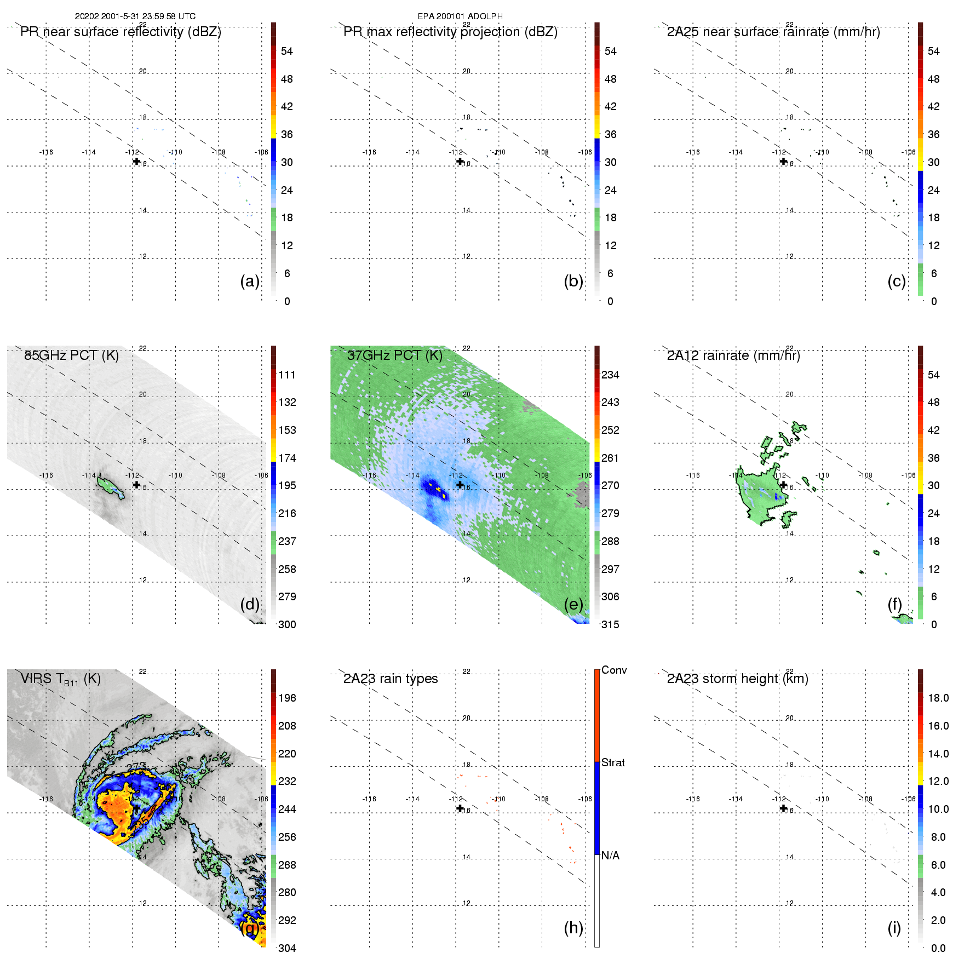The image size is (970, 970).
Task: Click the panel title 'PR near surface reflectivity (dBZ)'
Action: tap(120, 32)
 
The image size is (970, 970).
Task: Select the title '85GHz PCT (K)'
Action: tap(71, 355)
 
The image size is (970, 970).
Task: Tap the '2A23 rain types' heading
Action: tap(391, 679)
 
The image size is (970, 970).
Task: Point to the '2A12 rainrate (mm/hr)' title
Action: tap(733, 355)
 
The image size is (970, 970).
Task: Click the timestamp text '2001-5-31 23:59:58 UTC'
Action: tap(148, 16)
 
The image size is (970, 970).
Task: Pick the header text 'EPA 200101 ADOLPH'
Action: tap(460, 16)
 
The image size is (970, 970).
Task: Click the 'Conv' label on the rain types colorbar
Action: tap(614, 670)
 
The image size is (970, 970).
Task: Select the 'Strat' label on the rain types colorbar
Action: tap(613, 762)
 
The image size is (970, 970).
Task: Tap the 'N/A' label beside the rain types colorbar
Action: tap(610, 856)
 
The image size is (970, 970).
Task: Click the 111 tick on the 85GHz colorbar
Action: tap(287, 375)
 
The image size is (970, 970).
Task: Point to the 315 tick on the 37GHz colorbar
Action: tap(610, 624)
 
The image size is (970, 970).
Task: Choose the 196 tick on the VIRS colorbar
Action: tap(287, 698)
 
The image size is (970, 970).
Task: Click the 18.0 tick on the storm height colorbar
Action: tap(938, 698)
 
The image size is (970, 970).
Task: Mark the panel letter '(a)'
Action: tap(250, 281)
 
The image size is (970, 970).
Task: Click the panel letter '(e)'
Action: tap(573, 604)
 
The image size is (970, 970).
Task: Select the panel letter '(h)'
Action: tap(573, 928)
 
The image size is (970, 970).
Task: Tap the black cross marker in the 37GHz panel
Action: tap(460, 484)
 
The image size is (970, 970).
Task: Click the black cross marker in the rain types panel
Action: tap(460, 808)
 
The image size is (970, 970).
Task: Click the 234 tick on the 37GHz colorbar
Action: tap(610, 375)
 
